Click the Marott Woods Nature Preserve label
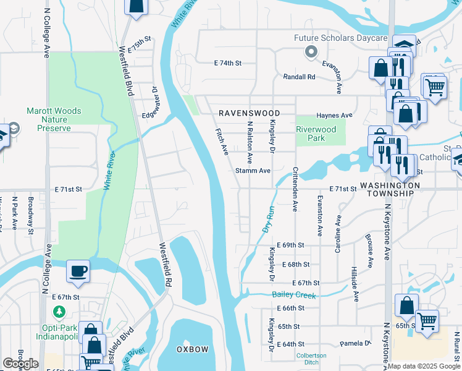[x=53, y=119]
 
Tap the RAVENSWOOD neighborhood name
[x=249, y=114]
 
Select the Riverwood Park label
[x=316, y=134]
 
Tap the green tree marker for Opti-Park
[x=59, y=310]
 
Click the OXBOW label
[x=193, y=349]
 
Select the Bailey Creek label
[x=294, y=295]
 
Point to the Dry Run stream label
[x=267, y=220]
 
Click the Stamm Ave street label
[x=253, y=171]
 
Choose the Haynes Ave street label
[x=334, y=116]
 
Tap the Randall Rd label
[x=299, y=77]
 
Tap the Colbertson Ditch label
[x=312, y=358]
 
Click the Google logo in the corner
[x=20, y=364]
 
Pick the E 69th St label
[x=290, y=245]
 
